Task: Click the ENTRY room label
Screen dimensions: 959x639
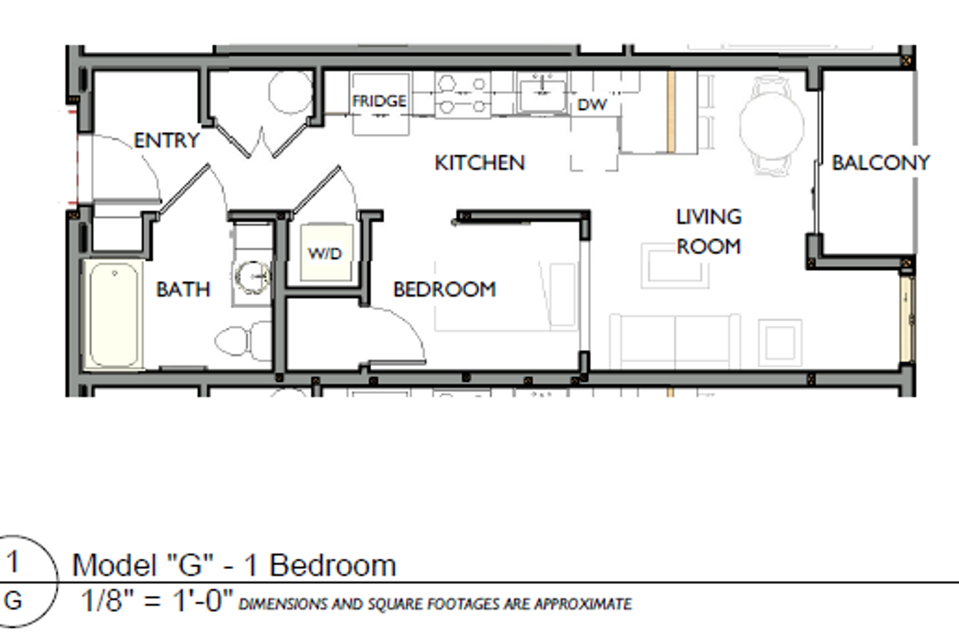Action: pyautogui.click(x=167, y=141)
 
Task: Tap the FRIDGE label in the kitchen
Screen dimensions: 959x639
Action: pyautogui.click(x=380, y=101)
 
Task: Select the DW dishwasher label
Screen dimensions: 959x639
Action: pyautogui.click(x=592, y=105)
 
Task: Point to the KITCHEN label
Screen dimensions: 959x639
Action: pyautogui.click(x=479, y=163)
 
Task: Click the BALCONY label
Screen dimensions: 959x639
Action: pyautogui.click(x=880, y=163)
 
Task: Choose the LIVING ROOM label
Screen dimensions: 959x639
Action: pyautogui.click(x=709, y=231)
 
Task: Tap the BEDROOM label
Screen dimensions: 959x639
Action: pyautogui.click(x=445, y=289)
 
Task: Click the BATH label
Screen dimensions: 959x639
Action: pyautogui.click(x=183, y=289)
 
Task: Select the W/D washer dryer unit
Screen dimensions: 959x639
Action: pyautogui.click(x=326, y=253)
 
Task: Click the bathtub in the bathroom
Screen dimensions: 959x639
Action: pyautogui.click(x=114, y=314)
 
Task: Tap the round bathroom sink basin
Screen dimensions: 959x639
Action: pyautogui.click(x=253, y=277)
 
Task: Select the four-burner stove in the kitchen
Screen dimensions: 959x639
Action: pyautogui.click(x=463, y=94)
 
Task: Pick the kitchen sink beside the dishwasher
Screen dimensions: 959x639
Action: pyautogui.click(x=542, y=92)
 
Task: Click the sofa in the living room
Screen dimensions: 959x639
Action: pyautogui.click(x=675, y=341)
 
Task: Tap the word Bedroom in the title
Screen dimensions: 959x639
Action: pyautogui.click(x=333, y=565)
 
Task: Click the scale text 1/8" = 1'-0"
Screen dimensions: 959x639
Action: pyautogui.click(x=157, y=601)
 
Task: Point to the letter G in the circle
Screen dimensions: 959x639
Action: pyautogui.click(x=13, y=601)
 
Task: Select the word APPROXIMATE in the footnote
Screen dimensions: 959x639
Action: pyautogui.click(x=583, y=604)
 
